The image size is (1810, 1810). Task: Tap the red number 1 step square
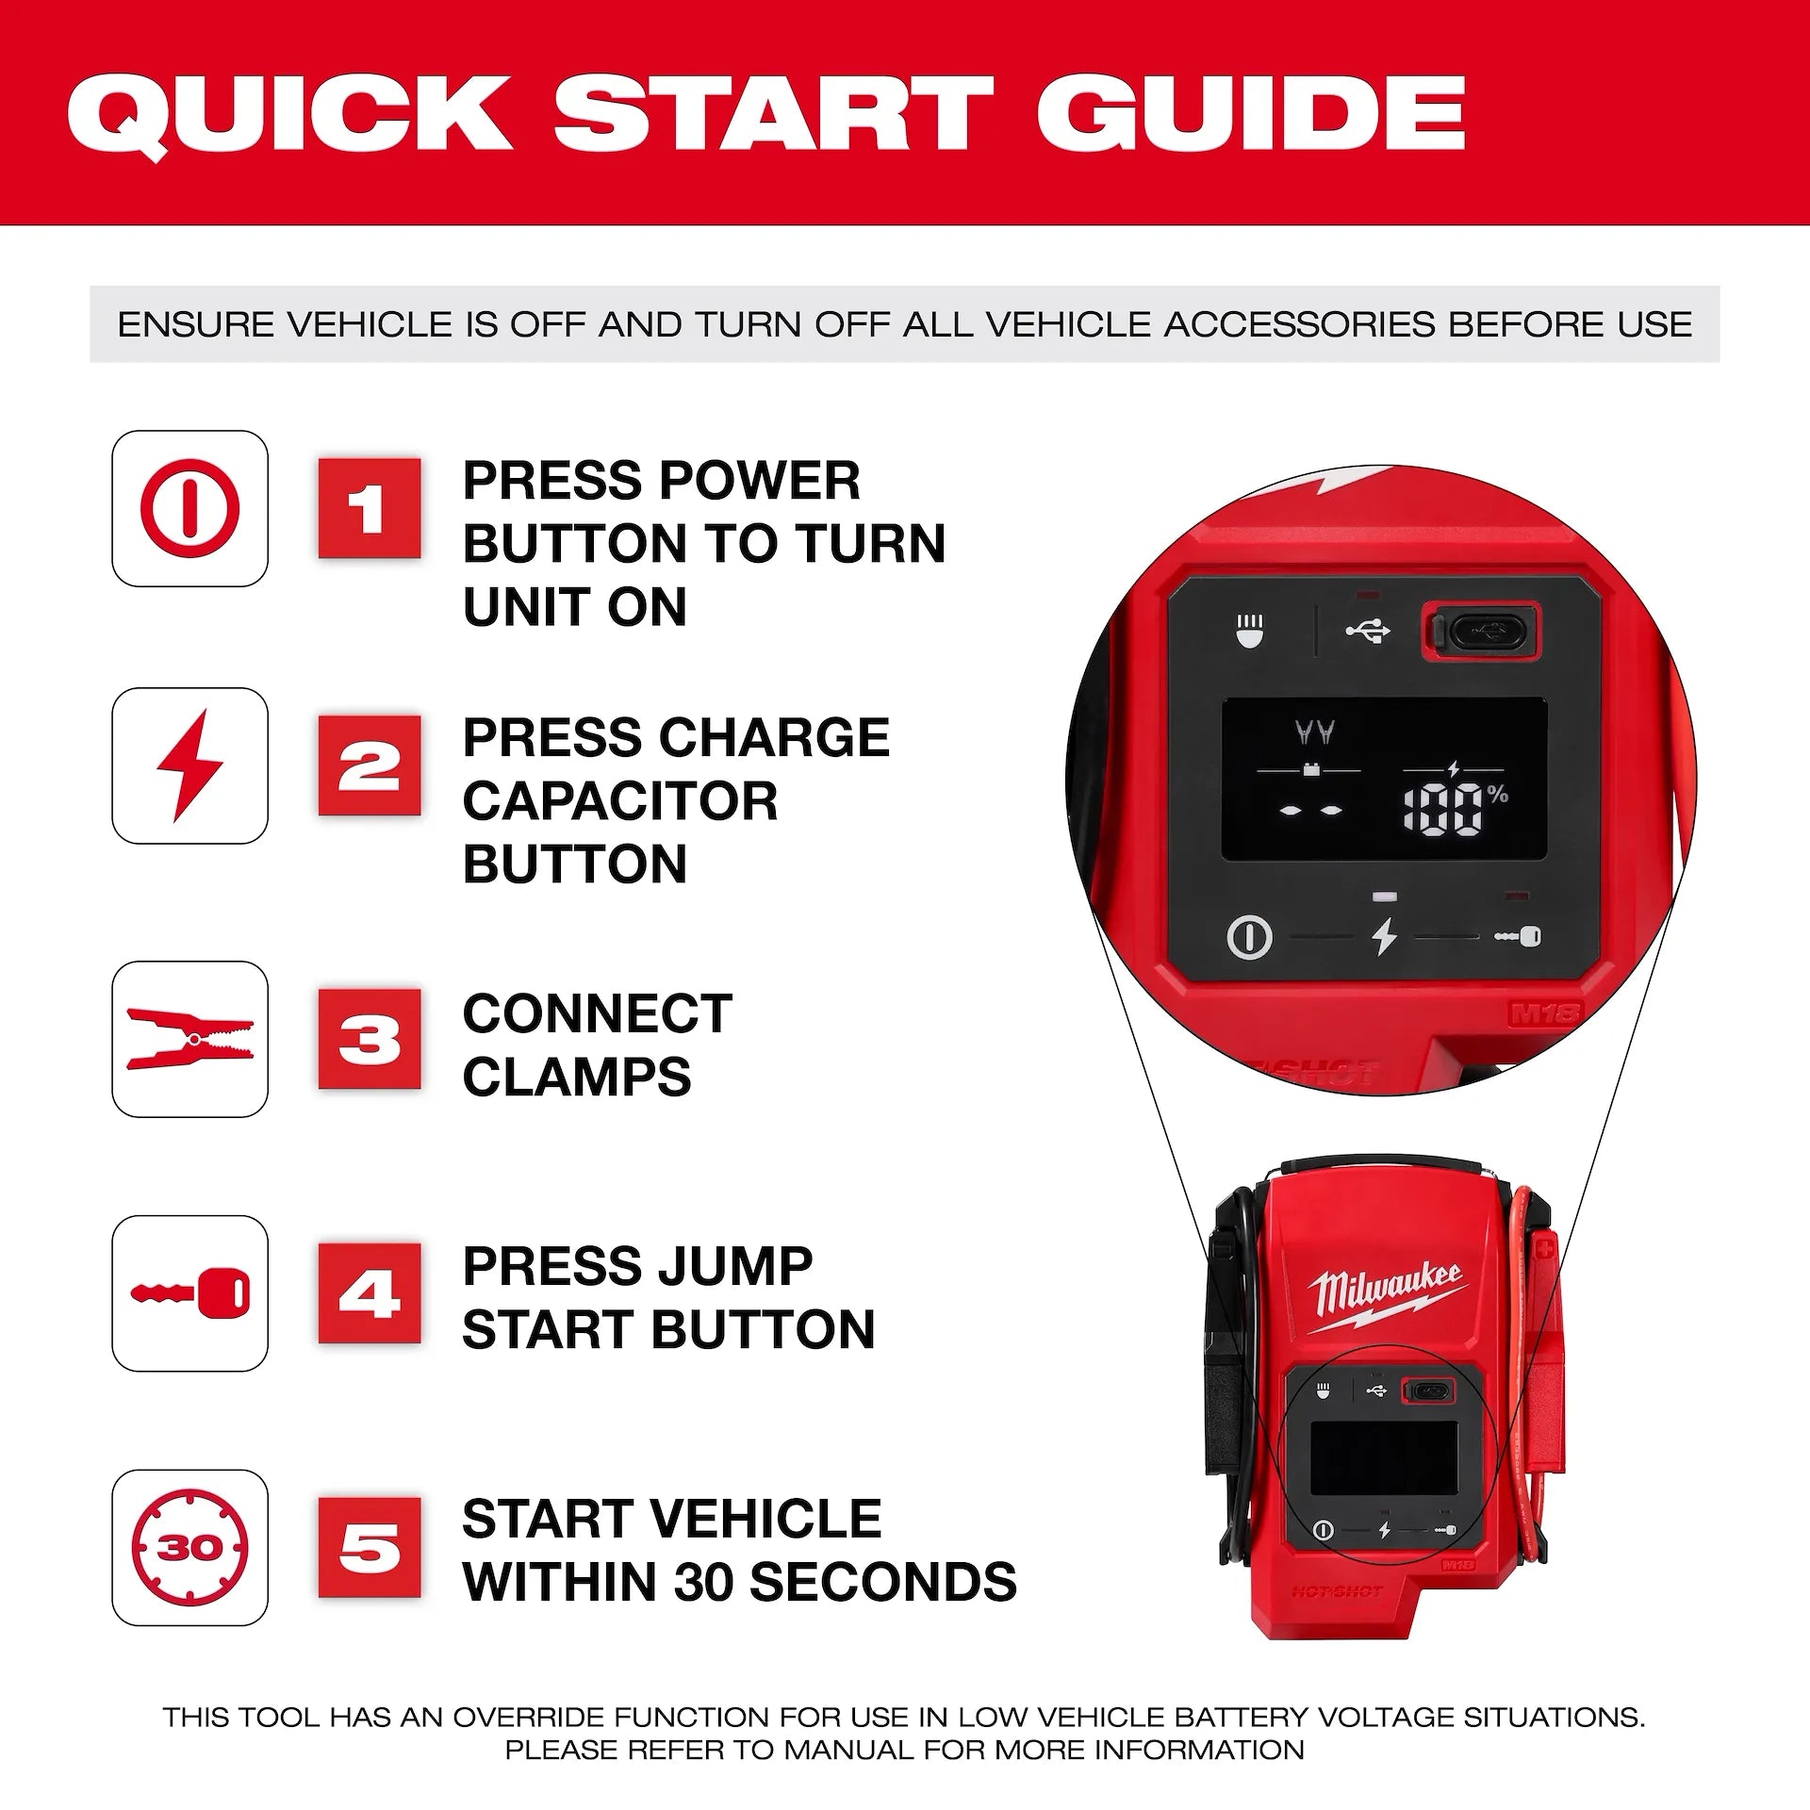(x=369, y=509)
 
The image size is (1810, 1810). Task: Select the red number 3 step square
(x=369, y=1039)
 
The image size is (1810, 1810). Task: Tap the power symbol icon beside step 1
(x=189, y=509)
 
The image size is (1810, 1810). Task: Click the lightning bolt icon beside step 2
(x=189, y=765)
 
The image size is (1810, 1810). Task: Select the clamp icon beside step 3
(x=189, y=1039)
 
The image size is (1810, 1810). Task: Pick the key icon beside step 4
(x=189, y=1292)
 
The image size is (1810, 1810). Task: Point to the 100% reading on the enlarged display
(x=1452, y=807)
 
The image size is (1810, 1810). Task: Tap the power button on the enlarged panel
(x=1250, y=937)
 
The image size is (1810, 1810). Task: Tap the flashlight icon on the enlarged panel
(x=1250, y=631)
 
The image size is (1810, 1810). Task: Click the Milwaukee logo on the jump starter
(x=1386, y=1296)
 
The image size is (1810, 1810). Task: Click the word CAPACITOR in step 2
(x=619, y=801)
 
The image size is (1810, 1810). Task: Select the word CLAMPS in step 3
(x=576, y=1077)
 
